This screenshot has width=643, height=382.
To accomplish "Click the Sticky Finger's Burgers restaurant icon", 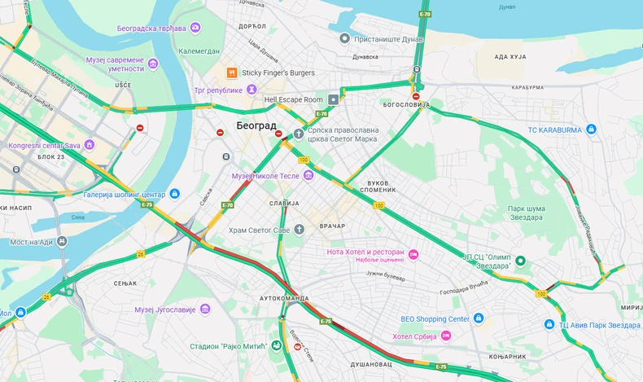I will point(232,72).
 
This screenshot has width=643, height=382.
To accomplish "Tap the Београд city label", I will point(257,126).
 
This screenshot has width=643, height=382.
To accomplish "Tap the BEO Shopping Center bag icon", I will point(479,318).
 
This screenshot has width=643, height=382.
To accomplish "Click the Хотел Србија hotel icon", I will point(447,336).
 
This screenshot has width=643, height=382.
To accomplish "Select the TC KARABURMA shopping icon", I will point(592,129).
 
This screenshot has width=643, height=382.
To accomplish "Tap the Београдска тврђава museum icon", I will point(195,28).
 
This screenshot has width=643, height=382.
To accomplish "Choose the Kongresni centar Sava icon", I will point(90,145).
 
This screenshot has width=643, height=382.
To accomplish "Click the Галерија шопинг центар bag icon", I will point(174,194).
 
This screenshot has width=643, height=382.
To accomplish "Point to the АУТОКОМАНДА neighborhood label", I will point(284,298).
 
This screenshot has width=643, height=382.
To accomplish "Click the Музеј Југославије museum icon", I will point(205,309).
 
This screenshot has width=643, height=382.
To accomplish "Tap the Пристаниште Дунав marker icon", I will point(344,37).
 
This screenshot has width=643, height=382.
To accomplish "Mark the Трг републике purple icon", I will point(252,89).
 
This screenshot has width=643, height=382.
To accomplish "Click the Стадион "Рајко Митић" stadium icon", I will point(276,346).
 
